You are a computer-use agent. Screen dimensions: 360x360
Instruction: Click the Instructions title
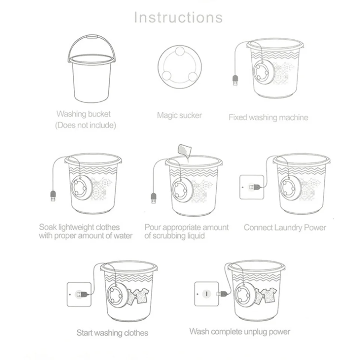(178, 18)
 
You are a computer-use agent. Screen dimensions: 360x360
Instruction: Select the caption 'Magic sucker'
(179, 115)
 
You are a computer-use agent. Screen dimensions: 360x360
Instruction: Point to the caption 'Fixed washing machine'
(268, 117)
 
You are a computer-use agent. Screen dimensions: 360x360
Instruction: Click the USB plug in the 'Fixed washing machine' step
(235, 81)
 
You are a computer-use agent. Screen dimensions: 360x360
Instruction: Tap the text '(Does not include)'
(86, 126)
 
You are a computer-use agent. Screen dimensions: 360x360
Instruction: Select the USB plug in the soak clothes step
(53, 196)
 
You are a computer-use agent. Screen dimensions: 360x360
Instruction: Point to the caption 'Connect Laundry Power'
(285, 228)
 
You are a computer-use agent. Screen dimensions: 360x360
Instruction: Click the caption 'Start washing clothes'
(112, 333)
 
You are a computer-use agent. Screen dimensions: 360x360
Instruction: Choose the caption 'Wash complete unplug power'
(240, 331)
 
